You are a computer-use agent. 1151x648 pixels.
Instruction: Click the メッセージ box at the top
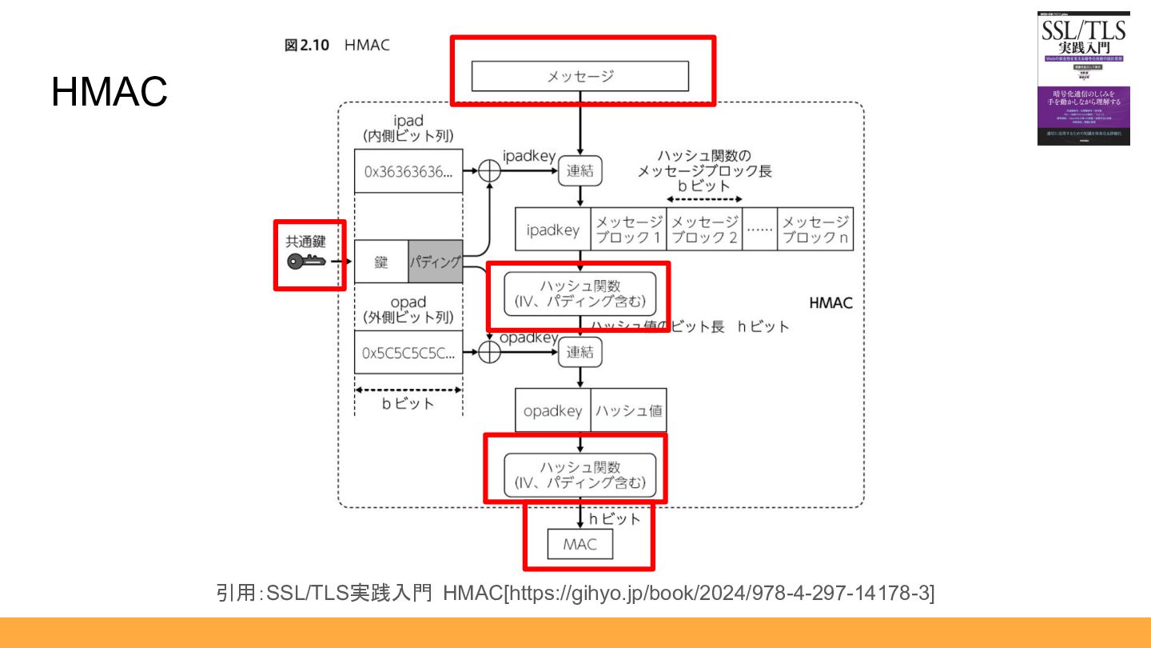pos(579,76)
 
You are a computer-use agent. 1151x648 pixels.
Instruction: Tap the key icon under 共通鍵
pos(307,261)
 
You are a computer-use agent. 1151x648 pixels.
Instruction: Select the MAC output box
pos(580,545)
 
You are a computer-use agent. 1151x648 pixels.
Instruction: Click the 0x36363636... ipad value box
pos(408,171)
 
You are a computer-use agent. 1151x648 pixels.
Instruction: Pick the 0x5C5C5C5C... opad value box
pos(408,352)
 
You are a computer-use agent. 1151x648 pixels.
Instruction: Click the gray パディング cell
pos(436,262)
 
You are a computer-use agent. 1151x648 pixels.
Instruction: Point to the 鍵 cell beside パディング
pos(381,262)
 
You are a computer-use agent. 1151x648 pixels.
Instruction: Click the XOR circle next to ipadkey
pos(488,170)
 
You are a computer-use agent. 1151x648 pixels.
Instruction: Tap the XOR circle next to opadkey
pos(488,352)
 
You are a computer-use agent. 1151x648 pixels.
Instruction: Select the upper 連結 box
pos(579,170)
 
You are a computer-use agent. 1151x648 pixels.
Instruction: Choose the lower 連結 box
pos(579,352)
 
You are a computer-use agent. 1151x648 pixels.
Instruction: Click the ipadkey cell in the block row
pos(552,230)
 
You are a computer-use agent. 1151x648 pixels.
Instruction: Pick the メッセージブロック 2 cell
pos(703,230)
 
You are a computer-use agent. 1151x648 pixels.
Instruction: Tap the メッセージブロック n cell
pos(815,230)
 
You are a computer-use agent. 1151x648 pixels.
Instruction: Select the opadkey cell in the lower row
pos(552,411)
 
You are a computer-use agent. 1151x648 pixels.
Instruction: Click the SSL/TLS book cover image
pos(1083,78)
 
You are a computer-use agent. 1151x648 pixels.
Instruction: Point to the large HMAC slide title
pos(110,92)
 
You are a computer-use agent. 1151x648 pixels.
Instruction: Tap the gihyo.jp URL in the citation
pos(719,593)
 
